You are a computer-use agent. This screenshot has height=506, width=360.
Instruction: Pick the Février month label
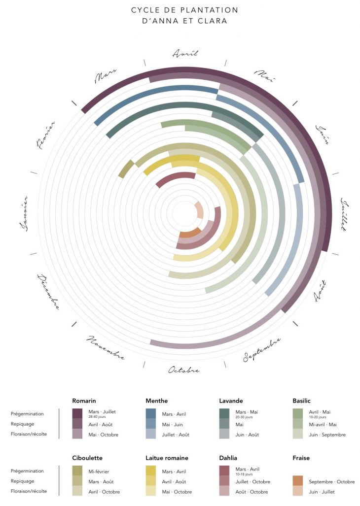(x=45, y=134)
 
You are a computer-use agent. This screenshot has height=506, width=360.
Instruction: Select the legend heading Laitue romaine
(x=167, y=458)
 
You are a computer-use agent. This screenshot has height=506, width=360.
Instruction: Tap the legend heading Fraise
(x=301, y=458)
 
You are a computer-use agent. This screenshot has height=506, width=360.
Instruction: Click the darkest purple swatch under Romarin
(x=77, y=413)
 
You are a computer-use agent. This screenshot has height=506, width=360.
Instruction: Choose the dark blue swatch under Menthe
(x=151, y=413)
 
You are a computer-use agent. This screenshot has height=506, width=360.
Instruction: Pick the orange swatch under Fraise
(x=298, y=481)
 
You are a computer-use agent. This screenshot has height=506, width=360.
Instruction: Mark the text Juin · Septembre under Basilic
(x=327, y=435)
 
